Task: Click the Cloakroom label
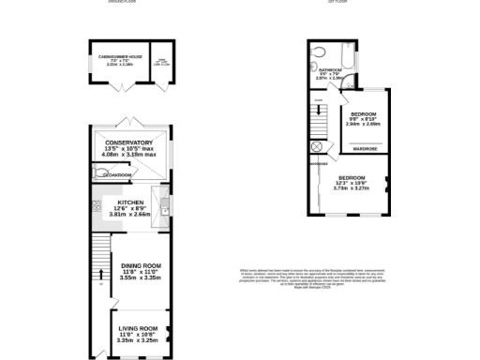[116, 174]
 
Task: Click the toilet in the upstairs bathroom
[318, 54]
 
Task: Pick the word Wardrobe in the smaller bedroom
[365, 148]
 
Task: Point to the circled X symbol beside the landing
[316, 147]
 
